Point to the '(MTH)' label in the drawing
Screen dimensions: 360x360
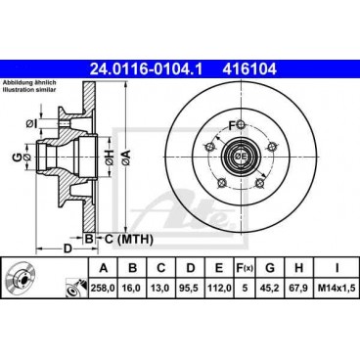click(x=136, y=238)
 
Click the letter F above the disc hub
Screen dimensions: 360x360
click(x=233, y=125)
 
